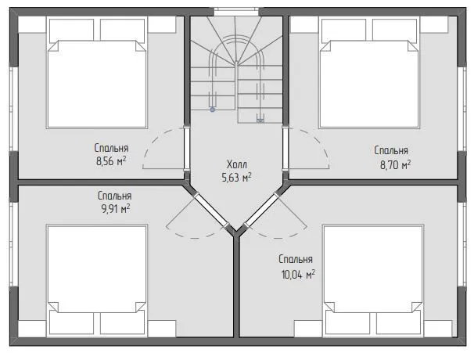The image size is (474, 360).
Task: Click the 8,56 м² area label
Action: [111, 161]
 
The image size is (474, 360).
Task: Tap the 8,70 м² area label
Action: [395, 165]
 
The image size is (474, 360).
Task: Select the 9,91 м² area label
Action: [116, 208]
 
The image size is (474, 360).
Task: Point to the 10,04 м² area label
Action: [298, 275]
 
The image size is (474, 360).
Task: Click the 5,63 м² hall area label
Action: [236, 178]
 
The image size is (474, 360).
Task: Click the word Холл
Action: [237, 164]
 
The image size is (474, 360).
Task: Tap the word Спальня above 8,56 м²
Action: [111, 148]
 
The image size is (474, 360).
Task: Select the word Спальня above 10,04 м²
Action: [296, 259]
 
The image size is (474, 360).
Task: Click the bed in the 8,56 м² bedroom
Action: [97, 73]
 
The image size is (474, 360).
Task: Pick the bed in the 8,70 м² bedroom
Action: [369, 73]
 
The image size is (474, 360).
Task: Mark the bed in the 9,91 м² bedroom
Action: [97, 280]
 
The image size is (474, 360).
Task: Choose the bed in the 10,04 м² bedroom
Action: [373, 280]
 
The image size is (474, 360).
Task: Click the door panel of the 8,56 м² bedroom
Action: [186, 148]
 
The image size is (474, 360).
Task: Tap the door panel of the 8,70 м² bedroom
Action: [285, 148]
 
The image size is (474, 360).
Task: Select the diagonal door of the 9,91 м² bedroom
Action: [212, 210]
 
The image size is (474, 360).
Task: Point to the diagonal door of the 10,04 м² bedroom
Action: [261, 210]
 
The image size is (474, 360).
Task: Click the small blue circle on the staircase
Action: [213, 110]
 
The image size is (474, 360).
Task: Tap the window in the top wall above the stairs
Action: [236, 12]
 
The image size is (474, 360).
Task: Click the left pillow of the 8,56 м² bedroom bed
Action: [71, 29]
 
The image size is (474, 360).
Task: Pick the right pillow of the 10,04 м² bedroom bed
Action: [398, 323]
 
